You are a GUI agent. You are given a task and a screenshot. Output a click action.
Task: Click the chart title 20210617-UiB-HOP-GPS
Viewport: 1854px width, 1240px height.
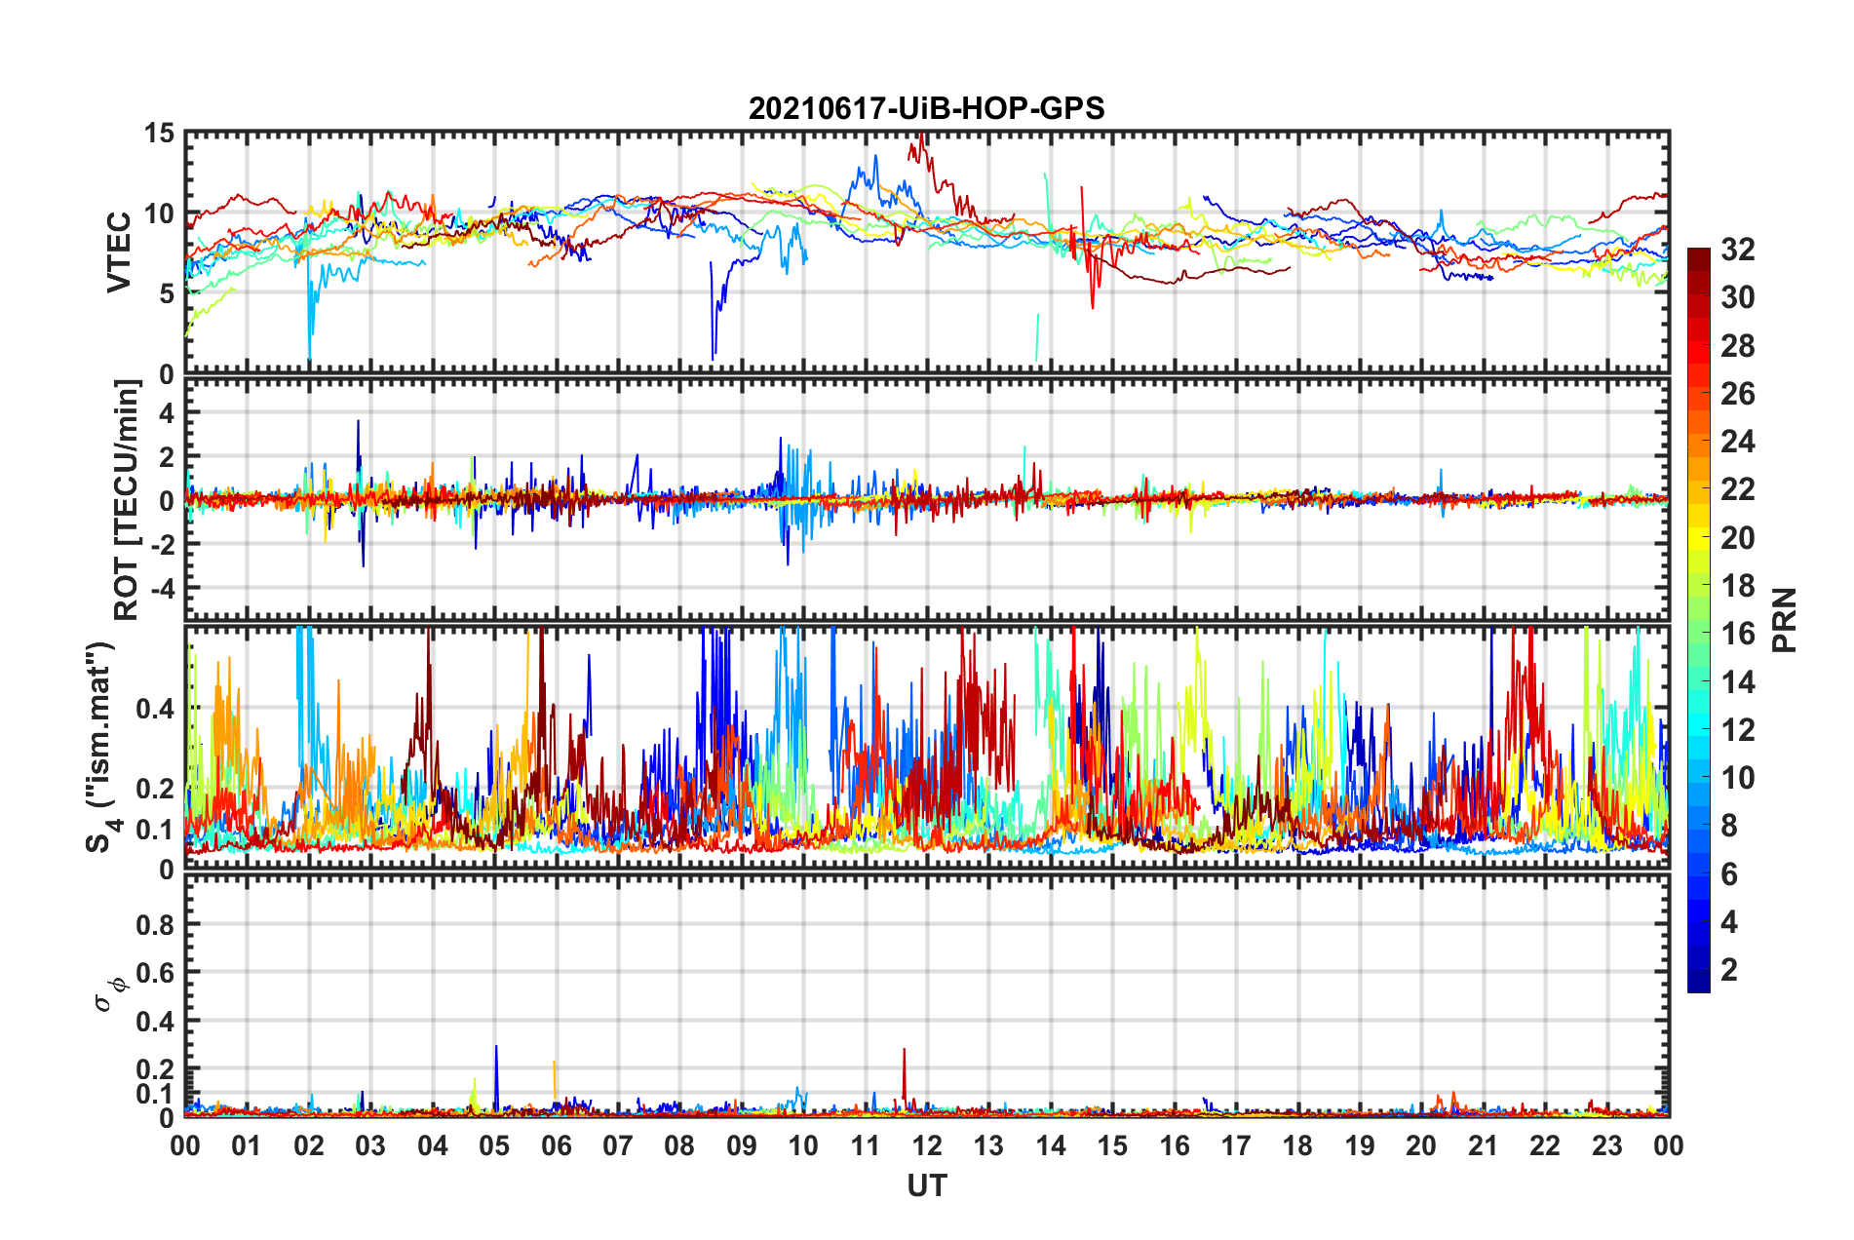point(926,108)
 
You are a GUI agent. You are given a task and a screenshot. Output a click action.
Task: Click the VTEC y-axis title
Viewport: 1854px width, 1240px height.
point(119,252)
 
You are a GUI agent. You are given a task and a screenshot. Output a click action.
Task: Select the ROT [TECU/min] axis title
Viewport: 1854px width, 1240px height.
point(127,500)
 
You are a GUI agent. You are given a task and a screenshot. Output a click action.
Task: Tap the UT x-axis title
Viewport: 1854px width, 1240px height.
point(926,1185)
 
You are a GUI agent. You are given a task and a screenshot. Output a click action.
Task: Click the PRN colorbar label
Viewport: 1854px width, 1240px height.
point(1784,620)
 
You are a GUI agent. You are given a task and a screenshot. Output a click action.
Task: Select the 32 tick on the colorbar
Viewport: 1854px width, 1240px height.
point(1737,250)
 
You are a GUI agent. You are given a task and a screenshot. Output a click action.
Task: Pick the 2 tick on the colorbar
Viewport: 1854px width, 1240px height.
point(1729,970)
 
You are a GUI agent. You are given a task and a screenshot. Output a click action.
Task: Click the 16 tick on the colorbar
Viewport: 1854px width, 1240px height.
point(1737,634)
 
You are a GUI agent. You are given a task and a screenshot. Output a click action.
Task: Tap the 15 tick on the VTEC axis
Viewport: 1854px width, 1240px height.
point(159,134)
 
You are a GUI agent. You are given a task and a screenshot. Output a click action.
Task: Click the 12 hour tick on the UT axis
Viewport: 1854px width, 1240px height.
point(927,1145)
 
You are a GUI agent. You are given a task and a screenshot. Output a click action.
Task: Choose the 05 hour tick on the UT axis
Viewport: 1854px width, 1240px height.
point(494,1145)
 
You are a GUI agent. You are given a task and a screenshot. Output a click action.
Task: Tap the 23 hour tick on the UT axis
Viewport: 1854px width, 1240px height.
point(1607,1145)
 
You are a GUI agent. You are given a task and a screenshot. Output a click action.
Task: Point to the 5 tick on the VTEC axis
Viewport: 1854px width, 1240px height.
point(167,293)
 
